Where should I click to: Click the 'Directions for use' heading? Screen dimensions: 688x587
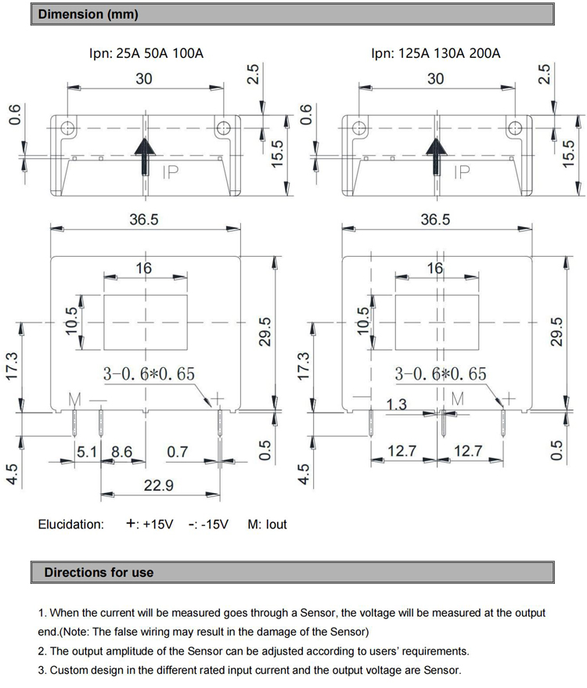click(99, 572)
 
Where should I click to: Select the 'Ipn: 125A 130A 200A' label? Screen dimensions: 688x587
click(436, 54)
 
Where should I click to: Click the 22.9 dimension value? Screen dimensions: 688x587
click(158, 486)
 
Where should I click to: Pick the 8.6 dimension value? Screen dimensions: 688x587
click(121, 452)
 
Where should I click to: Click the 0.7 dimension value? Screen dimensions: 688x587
click(178, 452)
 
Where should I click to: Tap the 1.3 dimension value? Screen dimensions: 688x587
click(398, 404)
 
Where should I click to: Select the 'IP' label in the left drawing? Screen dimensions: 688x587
click(171, 171)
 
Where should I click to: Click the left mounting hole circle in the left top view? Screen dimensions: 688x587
click(69, 128)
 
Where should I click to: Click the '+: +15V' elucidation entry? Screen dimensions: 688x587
click(149, 524)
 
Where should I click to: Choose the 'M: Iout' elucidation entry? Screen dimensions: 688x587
click(268, 524)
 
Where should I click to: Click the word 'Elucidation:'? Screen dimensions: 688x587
click(70, 524)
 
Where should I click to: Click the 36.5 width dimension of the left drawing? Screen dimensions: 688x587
click(144, 220)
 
